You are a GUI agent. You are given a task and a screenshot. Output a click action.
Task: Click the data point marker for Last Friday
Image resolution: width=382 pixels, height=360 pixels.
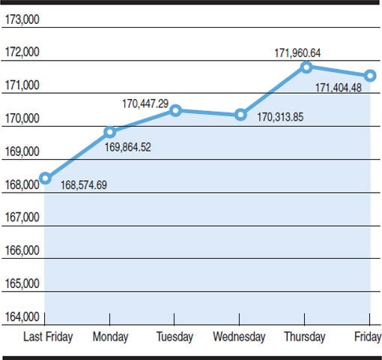pos(45,178)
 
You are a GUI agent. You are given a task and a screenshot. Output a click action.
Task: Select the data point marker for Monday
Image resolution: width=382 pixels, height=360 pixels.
pos(110,132)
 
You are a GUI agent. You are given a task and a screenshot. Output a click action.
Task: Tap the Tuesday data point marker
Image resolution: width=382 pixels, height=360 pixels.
pos(175,110)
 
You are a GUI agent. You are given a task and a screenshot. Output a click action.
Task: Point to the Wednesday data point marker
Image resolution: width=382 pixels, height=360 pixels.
pos(240,115)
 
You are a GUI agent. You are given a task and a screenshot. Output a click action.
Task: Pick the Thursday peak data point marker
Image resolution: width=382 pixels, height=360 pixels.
pos(306,67)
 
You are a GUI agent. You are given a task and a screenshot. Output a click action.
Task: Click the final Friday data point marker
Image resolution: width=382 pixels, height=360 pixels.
pos(370,76)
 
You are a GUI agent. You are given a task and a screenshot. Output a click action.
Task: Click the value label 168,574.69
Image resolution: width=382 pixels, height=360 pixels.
pos(83,184)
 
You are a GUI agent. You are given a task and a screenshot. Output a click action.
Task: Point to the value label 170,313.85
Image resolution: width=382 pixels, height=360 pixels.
pos(280,117)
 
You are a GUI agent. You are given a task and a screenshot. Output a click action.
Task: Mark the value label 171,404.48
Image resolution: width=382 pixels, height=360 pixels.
pos(338,88)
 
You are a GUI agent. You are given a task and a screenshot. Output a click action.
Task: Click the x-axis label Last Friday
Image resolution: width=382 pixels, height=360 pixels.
pos(49,337)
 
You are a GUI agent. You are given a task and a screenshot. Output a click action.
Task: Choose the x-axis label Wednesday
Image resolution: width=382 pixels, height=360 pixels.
pos(239,337)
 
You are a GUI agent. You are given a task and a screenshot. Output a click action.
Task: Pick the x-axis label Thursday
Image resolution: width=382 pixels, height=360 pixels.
pos(304,337)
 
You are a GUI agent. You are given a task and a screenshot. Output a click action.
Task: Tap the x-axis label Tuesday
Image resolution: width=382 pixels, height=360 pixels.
pos(175,337)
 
